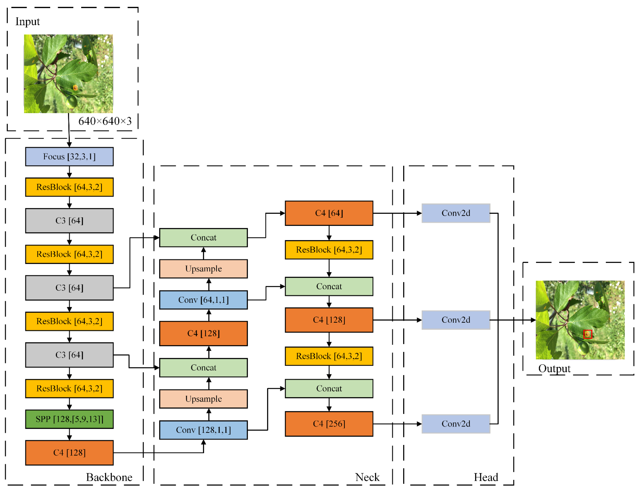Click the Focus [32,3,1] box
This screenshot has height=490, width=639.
69,157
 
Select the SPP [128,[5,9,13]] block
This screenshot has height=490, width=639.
69,419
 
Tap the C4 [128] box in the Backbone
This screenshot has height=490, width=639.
69,453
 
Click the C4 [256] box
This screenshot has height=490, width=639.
329,424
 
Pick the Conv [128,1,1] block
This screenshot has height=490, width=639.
203,430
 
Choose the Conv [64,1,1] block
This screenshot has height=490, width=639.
203,300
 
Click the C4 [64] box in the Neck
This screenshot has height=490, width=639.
329,213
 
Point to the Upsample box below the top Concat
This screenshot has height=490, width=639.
203,269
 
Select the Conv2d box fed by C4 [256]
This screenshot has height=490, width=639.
456,424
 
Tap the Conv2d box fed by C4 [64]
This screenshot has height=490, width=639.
456,213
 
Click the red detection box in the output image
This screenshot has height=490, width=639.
587,334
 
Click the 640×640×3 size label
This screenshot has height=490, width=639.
105,121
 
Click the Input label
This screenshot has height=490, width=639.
27,22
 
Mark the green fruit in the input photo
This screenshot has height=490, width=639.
71,102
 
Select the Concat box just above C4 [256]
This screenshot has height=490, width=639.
329,389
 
